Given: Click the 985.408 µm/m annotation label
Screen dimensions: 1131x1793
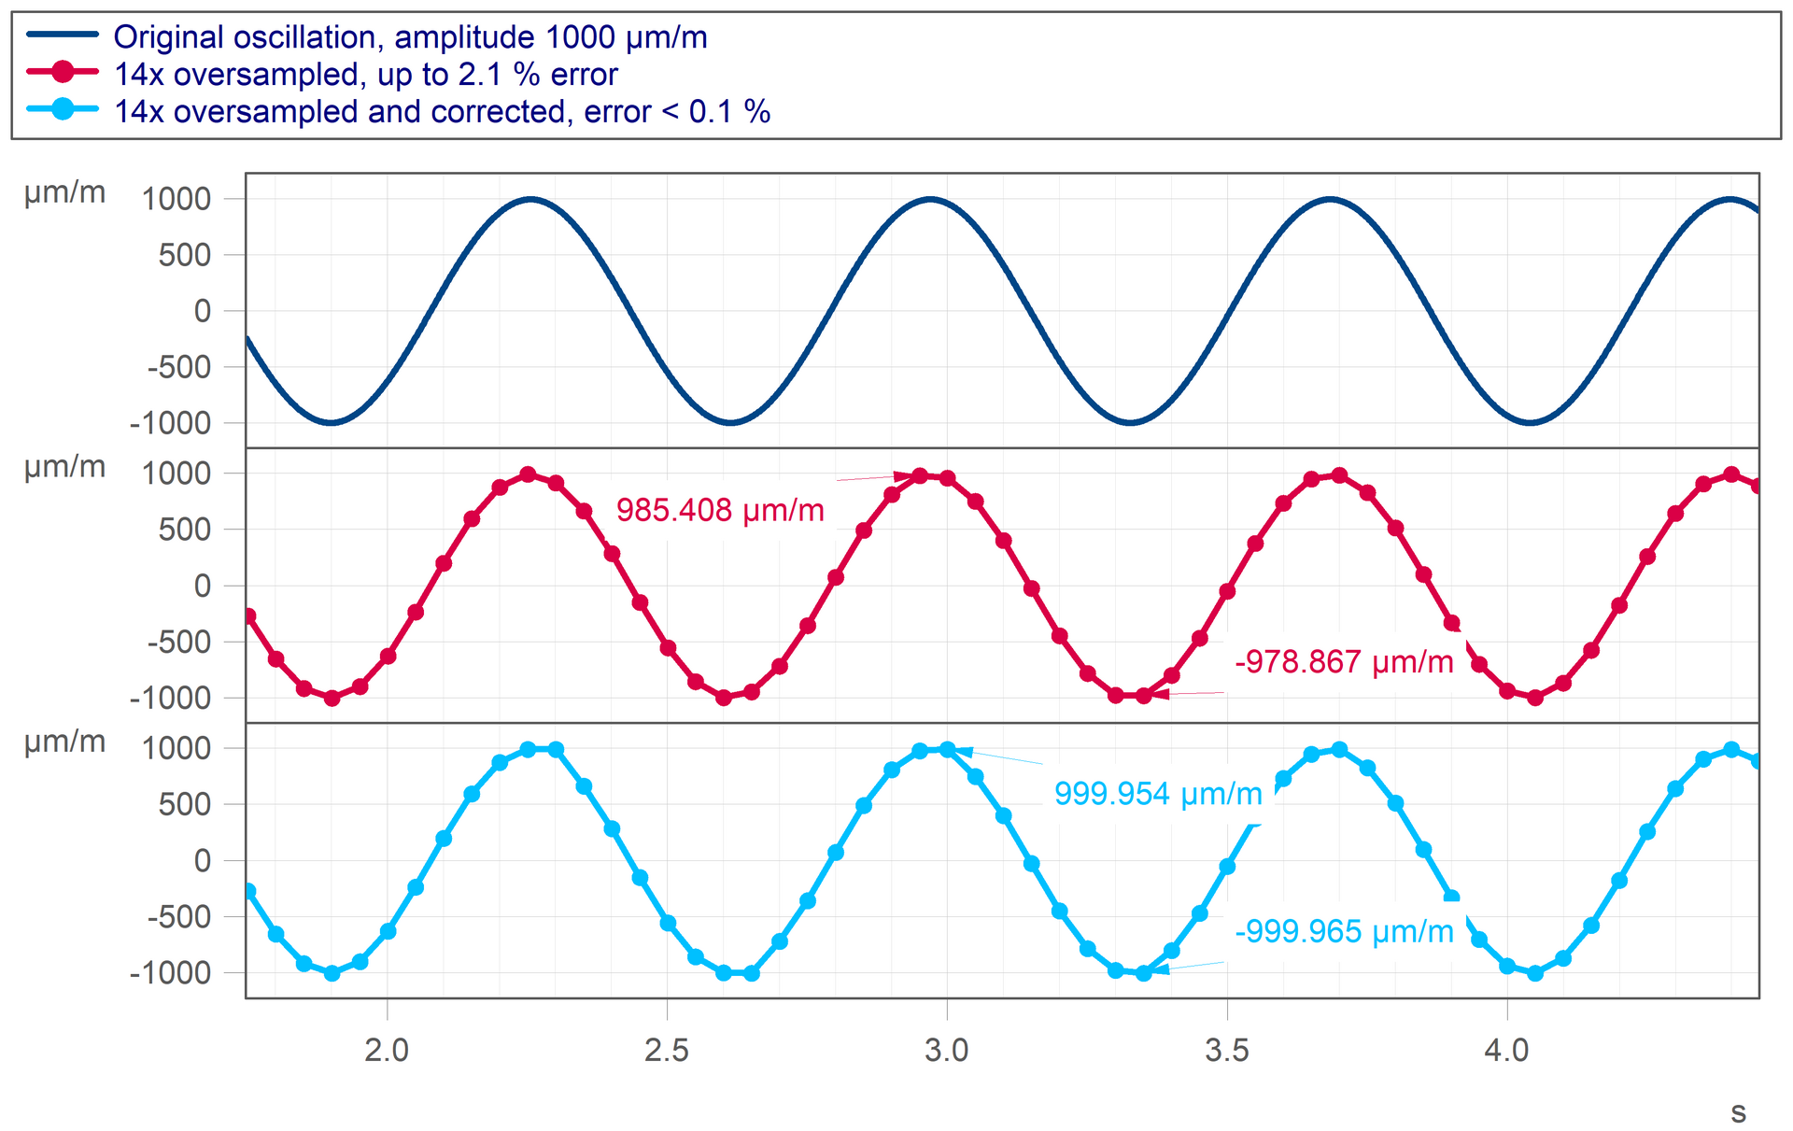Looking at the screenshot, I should [x=720, y=511].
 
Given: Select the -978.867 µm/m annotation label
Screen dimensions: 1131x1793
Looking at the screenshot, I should [x=1344, y=662].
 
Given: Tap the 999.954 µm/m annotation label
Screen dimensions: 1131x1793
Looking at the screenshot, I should [x=1158, y=794].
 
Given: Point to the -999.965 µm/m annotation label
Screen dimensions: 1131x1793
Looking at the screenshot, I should [x=1344, y=931].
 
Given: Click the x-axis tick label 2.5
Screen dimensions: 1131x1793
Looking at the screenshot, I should [x=667, y=1050].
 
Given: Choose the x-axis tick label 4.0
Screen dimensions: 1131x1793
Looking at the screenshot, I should [x=1506, y=1050].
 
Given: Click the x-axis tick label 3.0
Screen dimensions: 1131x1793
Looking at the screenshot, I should [x=947, y=1050].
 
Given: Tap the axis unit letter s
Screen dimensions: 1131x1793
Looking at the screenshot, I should [x=1738, y=1112].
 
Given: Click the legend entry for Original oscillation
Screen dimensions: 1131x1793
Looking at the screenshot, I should [x=410, y=37].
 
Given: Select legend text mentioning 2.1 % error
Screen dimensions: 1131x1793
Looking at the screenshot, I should [x=365, y=75].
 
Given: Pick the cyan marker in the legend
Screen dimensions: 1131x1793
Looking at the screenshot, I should [x=63, y=109].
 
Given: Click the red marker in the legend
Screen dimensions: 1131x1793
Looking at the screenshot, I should [x=63, y=72].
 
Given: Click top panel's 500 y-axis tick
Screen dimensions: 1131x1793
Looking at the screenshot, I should [x=184, y=255].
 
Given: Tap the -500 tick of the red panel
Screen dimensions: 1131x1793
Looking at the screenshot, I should [x=179, y=642].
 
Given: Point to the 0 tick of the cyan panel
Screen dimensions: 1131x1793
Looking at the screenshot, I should [x=203, y=860].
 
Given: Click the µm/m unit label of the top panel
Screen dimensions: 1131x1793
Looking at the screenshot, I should [x=64, y=192].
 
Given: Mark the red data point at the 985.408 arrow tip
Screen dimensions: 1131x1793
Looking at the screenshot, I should [x=920, y=476].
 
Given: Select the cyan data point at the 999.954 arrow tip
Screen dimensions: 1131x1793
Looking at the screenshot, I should [x=948, y=750].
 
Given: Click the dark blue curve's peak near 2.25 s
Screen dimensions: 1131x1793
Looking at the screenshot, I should [x=529, y=199].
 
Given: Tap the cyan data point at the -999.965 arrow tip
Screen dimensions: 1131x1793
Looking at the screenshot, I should [x=1143, y=973].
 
